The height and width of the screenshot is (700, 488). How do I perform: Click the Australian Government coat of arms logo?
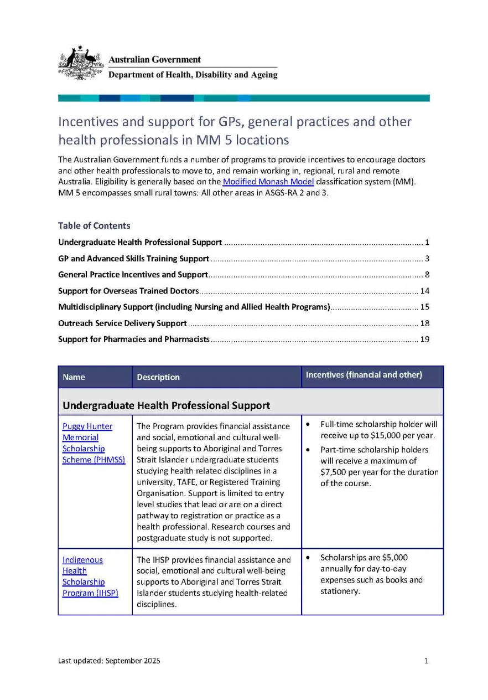coord(81,63)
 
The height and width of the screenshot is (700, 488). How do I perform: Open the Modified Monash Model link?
coord(268,182)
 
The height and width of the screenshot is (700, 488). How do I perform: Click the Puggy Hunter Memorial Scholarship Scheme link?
coord(87,442)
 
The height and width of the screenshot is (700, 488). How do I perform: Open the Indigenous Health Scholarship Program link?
coord(82,576)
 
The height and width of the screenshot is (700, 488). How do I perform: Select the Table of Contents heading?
coord(94,225)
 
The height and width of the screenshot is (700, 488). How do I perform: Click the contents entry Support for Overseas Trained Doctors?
coord(128,291)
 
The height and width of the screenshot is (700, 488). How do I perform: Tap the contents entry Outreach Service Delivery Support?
coord(122,323)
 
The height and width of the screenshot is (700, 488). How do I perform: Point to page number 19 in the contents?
coord(424,339)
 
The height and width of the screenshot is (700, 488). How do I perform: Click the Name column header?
coord(74,377)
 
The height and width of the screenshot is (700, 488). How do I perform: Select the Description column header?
coord(158,377)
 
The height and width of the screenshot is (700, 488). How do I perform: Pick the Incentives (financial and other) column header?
coord(364,375)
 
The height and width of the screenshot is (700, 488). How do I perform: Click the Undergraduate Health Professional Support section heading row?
coord(166,405)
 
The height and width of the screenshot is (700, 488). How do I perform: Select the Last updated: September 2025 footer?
coord(109,661)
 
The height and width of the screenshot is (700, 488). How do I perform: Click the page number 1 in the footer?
coord(426,661)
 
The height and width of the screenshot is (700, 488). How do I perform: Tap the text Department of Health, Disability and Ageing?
coord(193,75)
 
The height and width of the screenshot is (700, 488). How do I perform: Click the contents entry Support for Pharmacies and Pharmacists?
coord(134,339)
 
